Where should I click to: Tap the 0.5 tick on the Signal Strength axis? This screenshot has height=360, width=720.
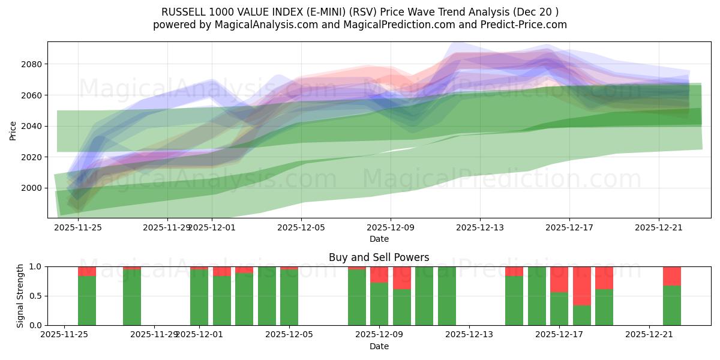(x=36, y=296)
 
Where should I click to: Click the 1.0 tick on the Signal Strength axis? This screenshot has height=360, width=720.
(x=36, y=266)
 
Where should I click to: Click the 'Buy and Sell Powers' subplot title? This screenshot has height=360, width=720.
(x=379, y=257)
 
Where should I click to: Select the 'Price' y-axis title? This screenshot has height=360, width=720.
(x=13, y=130)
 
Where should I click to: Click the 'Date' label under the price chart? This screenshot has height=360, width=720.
(x=379, y=239)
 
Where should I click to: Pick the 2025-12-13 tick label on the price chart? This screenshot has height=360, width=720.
(x=480, y=227)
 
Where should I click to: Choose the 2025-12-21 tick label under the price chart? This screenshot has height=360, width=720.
(x=659, y=227)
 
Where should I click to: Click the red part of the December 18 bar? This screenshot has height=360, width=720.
(x=582, y=286)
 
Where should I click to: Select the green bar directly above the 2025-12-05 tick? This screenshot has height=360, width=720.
(x=289, y=297)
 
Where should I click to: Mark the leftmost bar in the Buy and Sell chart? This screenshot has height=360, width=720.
(x=87, y=300)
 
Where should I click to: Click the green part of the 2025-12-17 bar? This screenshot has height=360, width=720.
(x=559, y=308)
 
